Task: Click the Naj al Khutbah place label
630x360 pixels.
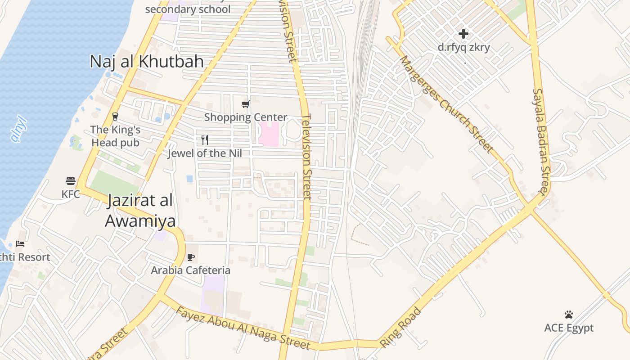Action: pyautogui.click(x=147, y=62)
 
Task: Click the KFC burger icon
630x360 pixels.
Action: pyautogui.click(x=71, y=181)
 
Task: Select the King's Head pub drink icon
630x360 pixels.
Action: pyautogui.click(x=115, y=117)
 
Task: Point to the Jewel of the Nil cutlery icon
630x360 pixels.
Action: pyautogui.click(x=205, y=140)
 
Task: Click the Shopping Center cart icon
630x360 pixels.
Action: pyautogui.click(x=245, y=104)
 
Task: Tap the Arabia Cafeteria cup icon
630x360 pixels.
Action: pyautogui.click(x=190, y=257)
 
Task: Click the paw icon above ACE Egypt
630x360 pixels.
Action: pyautogui.click(x=569, y=315)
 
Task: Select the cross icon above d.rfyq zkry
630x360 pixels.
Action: pyautogui.click(x=463, y=34)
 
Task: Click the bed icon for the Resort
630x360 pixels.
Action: pyautogui.click(x=20, y=244)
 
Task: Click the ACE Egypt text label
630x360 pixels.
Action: pyautogui.click(x=569, y=328)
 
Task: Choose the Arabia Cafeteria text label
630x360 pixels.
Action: pyautogui.click(x=190, y=270)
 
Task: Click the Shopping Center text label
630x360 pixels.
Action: pyautogui.click(x=246, y=117)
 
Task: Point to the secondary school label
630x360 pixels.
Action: pyautogui.click(x=188, y=9)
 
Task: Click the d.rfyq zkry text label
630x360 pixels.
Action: pyautogui.click(x=463, y=47)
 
